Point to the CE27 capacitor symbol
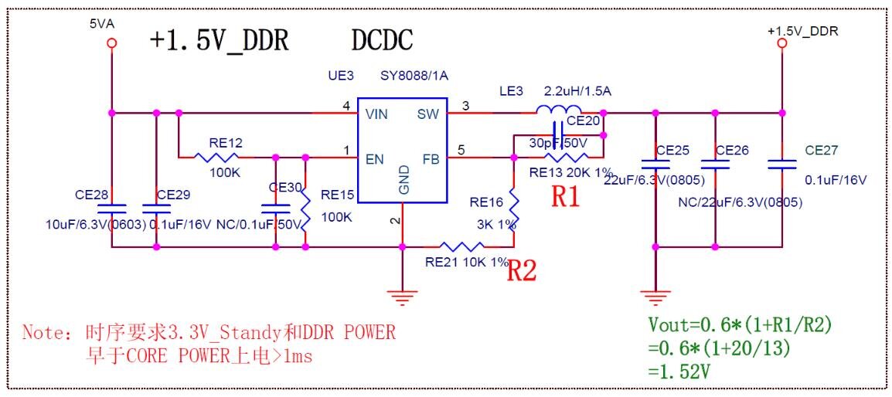pos(781,165)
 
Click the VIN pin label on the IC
pos(377,114)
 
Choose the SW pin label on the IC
pos(428,114)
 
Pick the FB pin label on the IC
pos(431,160)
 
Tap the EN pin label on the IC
pos(376,160)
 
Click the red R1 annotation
pos(565,197)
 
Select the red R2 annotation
pos(522,270)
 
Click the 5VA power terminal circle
pos(112,44)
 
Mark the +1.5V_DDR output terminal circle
pos(781,44)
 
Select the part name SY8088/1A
pos(414,76)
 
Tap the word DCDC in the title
pos(382,40)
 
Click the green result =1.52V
pos(680,372)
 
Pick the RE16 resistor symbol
pos(514,207)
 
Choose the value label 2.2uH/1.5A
pos(577,91)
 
